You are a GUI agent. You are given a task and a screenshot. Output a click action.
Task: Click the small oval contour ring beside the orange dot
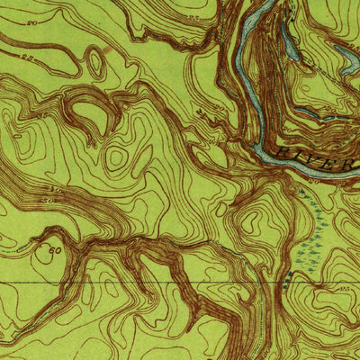point(94,63)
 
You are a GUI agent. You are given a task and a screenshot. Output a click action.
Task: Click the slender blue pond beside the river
point(290,40)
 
